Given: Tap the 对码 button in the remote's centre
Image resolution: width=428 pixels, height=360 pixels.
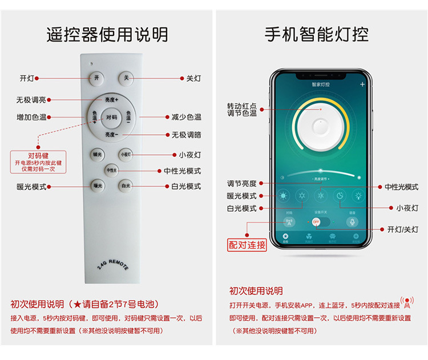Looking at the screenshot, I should (x=112, y=118).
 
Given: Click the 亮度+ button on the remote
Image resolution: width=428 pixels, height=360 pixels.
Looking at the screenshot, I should (x=112, y=100).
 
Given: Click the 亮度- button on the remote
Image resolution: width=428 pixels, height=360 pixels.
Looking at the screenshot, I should (x=112, y=135).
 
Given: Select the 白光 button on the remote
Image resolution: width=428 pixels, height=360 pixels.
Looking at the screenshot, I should (x=126, y=185).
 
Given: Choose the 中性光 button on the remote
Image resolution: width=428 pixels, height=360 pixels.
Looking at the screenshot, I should (x=111, y=170).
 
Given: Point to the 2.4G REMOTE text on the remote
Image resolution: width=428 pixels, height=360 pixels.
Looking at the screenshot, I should (x=110, y=263).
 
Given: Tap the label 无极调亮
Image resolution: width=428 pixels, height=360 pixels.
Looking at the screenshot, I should (x=31, y=100).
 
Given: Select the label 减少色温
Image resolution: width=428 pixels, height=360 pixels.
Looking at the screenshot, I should (x=186, y=118).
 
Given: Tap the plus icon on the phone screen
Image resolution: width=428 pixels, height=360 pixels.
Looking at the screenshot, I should (x=362, y=84).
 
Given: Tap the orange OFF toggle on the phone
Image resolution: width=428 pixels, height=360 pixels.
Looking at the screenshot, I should (x=317, y=221).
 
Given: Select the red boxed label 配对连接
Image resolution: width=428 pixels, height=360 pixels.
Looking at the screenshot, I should (x=247, y=245).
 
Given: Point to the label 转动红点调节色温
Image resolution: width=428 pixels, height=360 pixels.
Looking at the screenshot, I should (x=242, y=110).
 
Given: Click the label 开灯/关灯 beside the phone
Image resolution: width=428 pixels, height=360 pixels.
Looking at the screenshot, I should (x=402, y=229).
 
